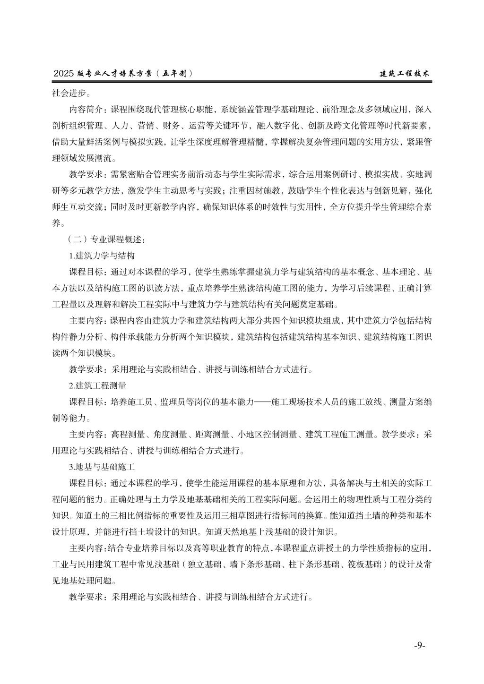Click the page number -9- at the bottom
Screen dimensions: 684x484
tap(420, 645)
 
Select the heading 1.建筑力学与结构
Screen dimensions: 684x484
tap(102, 256)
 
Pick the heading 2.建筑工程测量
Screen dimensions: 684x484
tap(98, 385)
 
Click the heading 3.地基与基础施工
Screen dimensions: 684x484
tap(102, 467)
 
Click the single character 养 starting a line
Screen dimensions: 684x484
tap(56, 223)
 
